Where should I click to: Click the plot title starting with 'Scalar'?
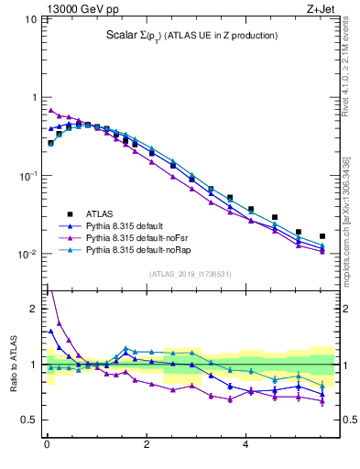191,36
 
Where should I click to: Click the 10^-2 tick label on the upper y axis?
27,255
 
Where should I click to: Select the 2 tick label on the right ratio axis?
346,309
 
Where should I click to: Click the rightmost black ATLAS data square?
322,236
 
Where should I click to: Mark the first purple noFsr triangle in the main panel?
51,111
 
